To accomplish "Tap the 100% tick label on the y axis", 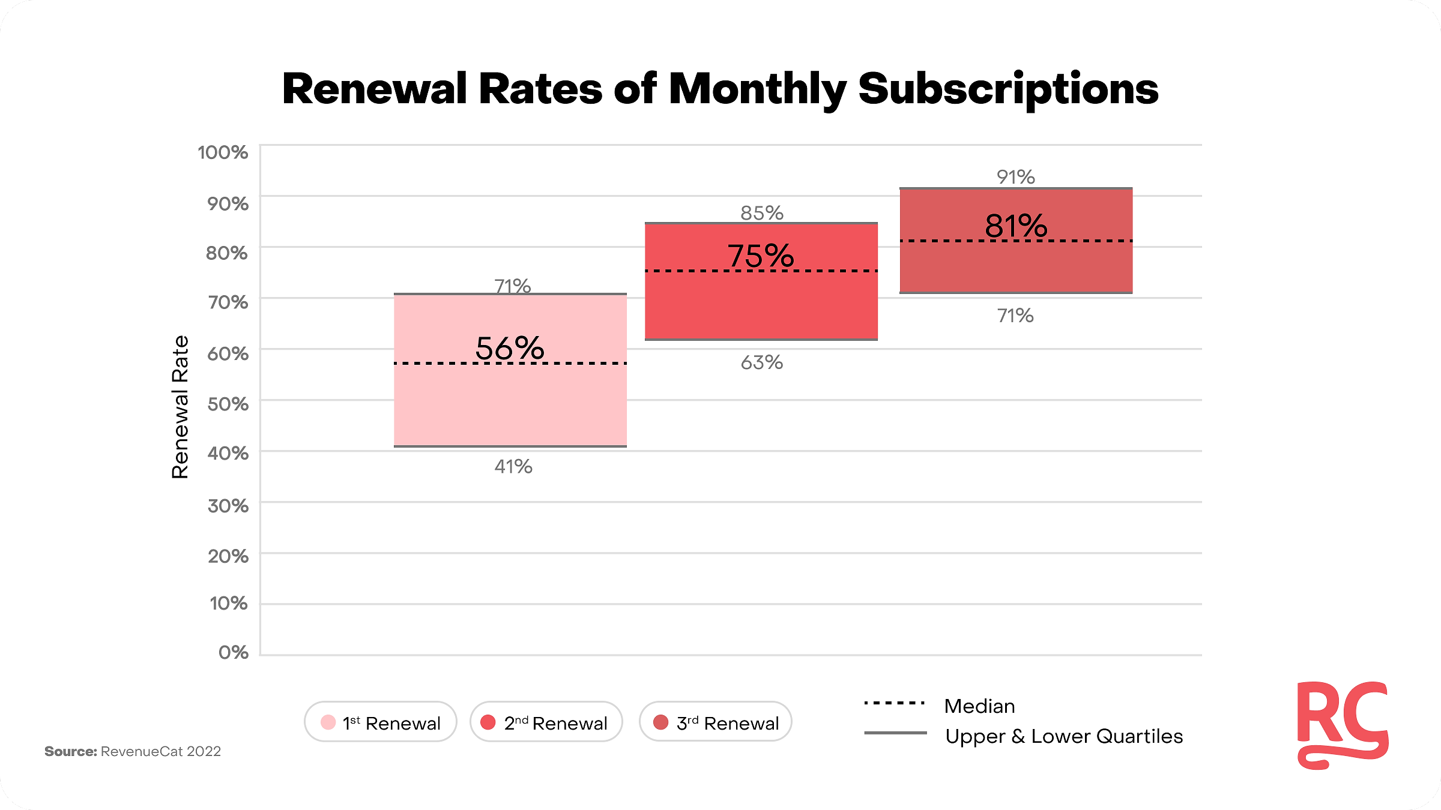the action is (223, 152).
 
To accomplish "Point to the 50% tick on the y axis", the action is (228, 404).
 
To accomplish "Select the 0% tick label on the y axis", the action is (234, 652).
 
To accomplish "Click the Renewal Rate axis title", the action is (180, 407).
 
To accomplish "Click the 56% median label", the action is (510, 348).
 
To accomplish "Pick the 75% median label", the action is (761, 256).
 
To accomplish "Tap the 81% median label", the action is (1016, 226).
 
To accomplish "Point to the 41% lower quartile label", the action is (513, 466).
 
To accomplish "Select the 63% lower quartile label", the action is (762, 362).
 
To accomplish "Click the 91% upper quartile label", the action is (1016, 177).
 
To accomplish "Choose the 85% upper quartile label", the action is (762, 213).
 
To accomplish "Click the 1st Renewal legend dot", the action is (328, 722).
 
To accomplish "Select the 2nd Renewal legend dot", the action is (488, 722).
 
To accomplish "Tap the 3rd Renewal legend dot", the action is (660, 722).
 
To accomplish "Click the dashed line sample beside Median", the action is (895, 703).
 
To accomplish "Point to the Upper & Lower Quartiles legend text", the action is (1064, 737).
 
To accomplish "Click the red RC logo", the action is (1343, 725).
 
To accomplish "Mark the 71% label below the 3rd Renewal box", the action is (1015, 316).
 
